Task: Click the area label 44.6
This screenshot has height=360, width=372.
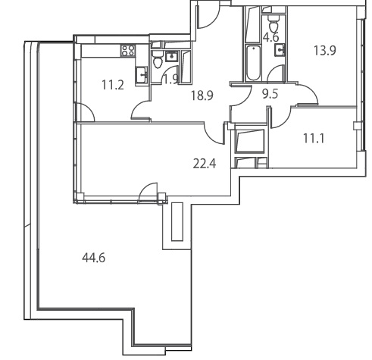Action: [x=94, y=258]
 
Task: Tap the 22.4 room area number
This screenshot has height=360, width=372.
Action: [x=205, y=164]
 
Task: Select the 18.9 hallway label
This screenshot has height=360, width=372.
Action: [x=202, y=95]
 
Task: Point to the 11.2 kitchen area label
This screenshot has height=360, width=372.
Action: [x=113, y=85]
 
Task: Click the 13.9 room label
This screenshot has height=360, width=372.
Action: [x=325, y=50]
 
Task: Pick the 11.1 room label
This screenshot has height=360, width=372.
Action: [x=314, y=139]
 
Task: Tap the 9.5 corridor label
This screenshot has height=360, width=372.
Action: [x=270, y=94]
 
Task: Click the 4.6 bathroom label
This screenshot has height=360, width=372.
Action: [x=270, y=37]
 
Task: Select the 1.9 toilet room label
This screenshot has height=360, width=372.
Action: [x=171, y=80]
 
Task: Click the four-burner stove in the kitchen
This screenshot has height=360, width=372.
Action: [x=128, y=50]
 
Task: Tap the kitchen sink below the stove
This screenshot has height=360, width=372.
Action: [x=142, y=75]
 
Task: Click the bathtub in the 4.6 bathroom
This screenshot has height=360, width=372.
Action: [x=253, y=63]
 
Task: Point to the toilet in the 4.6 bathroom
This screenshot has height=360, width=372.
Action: [x=274, y=23]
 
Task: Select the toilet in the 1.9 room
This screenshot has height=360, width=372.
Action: [x=158, y=60]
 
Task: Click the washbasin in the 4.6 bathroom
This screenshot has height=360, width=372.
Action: [x=280, y=49]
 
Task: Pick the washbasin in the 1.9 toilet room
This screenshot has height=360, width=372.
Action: [x=172, y=56]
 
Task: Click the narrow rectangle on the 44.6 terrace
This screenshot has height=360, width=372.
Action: [x=177, y=221]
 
